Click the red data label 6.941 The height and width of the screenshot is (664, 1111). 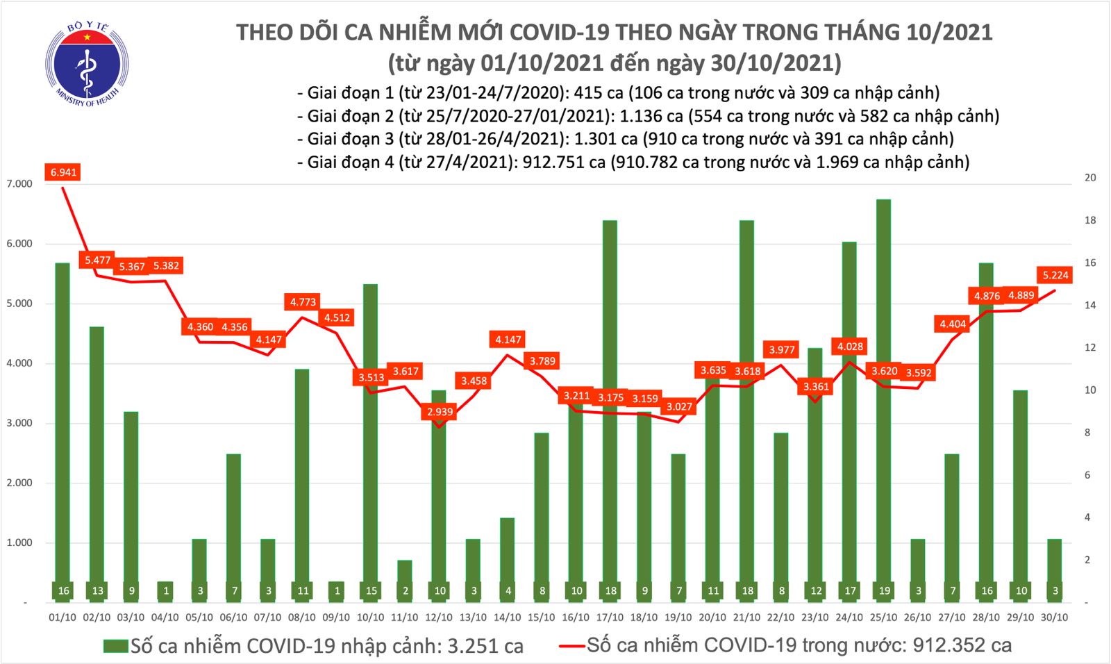[63, 172]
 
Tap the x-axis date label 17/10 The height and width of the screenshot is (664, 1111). [610, 617]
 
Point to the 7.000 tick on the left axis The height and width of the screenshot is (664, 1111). [19, 184]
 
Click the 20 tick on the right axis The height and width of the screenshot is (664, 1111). [1090, 178]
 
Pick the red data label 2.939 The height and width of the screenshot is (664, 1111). [440, 412]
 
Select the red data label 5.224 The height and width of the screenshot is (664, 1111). [1055, 275]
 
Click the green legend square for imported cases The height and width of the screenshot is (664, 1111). [115, 646]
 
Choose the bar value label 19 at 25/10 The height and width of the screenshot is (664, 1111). [884, 591]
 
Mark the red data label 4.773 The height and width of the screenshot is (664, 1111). [303, 302]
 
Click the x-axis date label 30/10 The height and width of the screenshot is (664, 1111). [1055, 617]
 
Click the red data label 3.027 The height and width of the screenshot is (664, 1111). [679, 407]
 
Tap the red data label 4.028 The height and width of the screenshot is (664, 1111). [850, 347]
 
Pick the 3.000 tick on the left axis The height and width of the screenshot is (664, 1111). [19, 423]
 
